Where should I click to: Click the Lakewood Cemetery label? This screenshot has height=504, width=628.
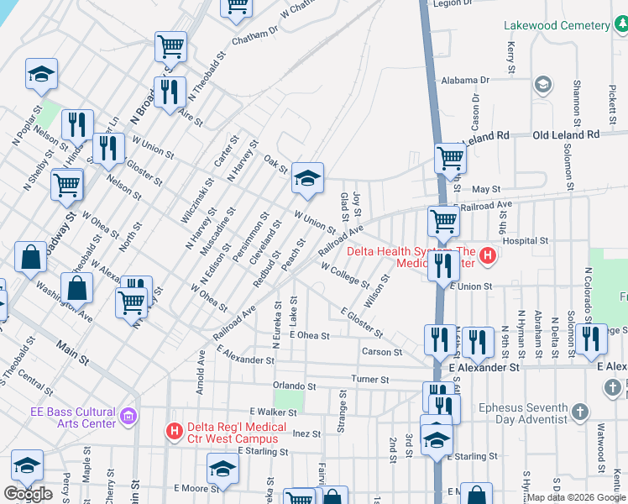[557, 25]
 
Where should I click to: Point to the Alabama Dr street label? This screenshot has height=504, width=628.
[465, 81]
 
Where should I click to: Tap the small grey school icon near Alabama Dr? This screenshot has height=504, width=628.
[543, 85]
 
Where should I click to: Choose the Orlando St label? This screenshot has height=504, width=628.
[293, 387]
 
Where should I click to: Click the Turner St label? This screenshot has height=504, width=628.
[371, 380]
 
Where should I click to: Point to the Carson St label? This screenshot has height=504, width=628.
[381, 352]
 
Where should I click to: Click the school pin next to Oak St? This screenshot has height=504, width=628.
[308, 179]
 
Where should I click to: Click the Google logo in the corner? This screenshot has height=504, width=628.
[29, 494]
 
